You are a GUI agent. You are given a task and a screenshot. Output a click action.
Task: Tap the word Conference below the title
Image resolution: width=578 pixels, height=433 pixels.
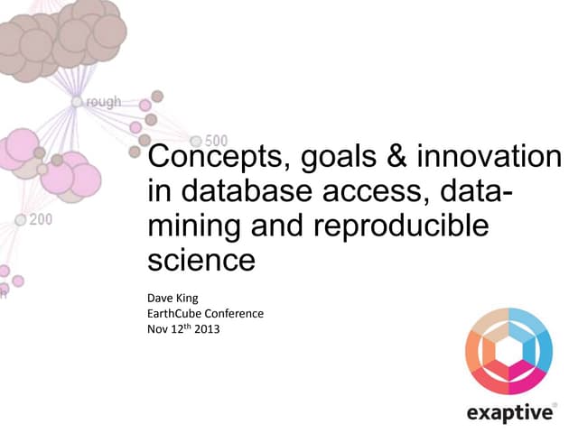tap(237, 313)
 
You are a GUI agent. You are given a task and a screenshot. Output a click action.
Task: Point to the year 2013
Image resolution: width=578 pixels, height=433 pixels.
tap(207, 329)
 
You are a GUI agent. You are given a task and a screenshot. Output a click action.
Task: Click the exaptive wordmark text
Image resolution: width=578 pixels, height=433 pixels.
tap(510, 413)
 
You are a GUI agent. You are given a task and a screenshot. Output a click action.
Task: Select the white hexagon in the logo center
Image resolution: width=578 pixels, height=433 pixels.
tap(510, 351)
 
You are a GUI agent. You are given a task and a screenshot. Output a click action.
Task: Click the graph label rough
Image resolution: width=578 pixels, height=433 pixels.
tap(103, 102)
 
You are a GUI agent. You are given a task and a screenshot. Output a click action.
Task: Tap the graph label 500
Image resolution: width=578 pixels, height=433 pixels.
tap(216, 141)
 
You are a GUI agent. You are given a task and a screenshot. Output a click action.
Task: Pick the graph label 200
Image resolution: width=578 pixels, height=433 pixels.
tap(41, 219)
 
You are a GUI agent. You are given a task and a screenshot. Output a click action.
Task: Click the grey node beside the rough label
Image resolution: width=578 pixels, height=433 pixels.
tap(77, 102)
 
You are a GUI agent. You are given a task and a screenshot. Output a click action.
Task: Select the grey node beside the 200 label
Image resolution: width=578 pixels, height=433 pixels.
tap(20, 219)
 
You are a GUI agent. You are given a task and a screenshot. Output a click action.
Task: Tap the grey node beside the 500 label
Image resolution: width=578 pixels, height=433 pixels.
tap(196, 141)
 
